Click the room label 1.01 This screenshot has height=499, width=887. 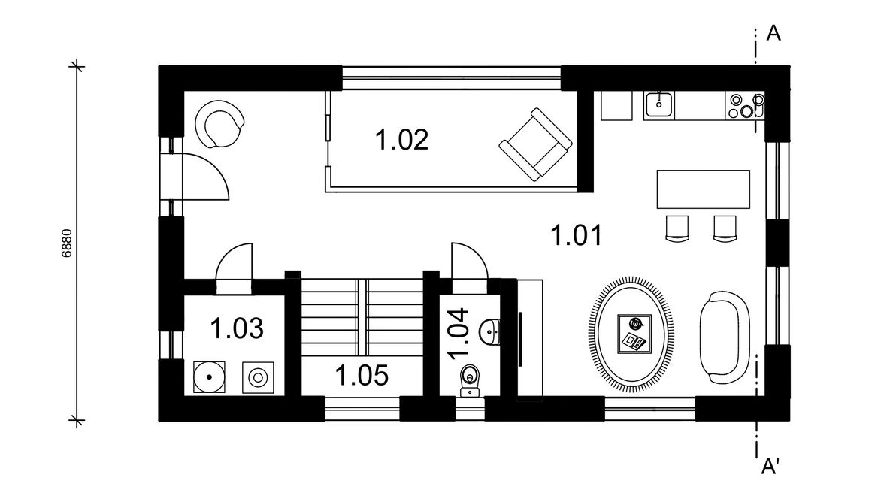(x=577, y=235)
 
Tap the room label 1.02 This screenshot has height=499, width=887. (x=401, y=140)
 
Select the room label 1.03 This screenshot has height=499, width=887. (x=237, y=328)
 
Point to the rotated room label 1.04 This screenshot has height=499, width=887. (x=459, y=334)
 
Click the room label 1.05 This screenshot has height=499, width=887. (x=362, y=375)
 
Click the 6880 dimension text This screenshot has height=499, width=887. (x=67, y=243)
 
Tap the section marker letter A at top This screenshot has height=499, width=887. (x=773, y=33)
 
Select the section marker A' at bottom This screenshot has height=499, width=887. (x=770, y=467)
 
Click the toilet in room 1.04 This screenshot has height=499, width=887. (x=470, y=380)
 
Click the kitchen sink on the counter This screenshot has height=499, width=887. (x=659, y=104)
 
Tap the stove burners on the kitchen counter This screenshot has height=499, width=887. (x=745, y=106)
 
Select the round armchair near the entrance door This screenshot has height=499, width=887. (x=219, y=124)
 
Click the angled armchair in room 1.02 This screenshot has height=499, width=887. (x=535, y=144)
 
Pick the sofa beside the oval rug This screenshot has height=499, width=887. (x=725, y=337)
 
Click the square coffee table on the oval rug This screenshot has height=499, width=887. (x=634, y=334)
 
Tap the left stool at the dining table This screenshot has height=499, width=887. (x=677, y=228)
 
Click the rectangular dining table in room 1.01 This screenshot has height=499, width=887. (x=703, y=189)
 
